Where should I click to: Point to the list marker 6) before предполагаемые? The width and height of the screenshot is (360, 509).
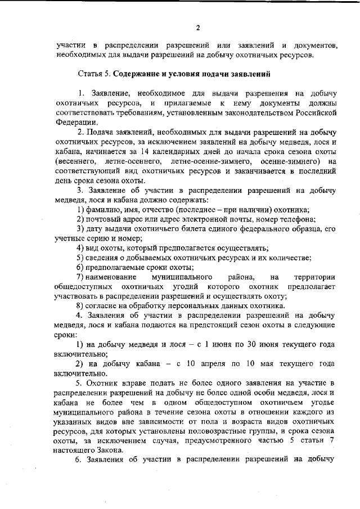(x=80, y=267)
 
